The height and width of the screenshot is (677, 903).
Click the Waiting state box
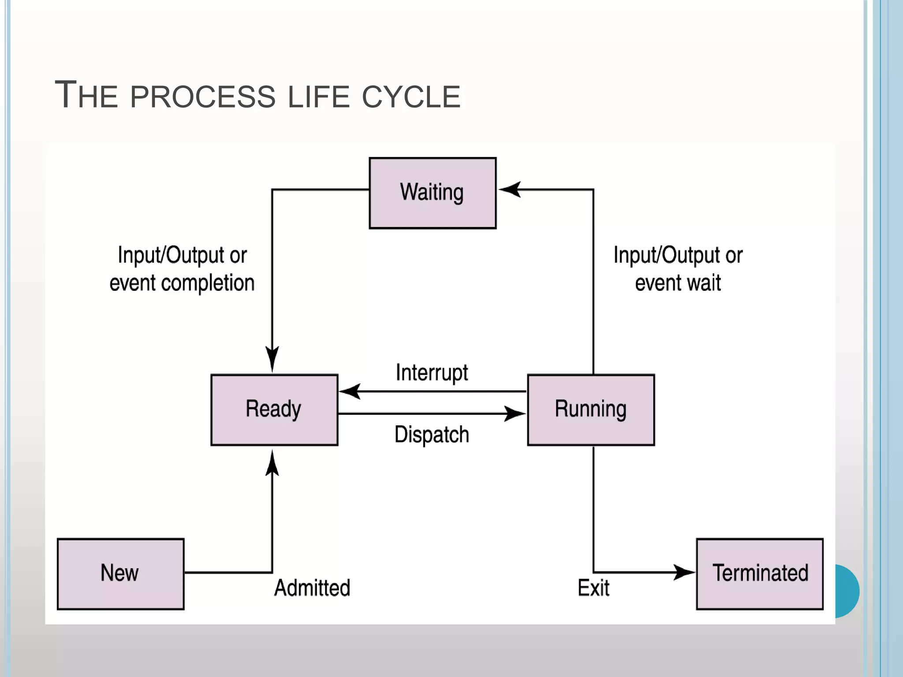point(433,193)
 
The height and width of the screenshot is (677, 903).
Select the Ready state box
point(274,409)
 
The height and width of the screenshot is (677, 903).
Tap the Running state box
point(591,409)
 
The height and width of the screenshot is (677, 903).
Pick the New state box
point(120,574)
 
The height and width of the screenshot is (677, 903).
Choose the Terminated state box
point(760,574)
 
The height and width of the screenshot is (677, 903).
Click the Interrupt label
point(432,373)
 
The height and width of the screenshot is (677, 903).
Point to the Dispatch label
point(432,435)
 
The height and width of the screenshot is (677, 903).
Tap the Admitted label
point(312,588)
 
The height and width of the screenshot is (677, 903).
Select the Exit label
point(593,588)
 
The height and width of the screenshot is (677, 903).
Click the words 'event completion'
point(182,283)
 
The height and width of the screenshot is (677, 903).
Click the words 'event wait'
point(678,283)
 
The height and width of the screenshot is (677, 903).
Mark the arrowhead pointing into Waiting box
point(510,190)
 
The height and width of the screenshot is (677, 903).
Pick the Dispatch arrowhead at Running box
point(514,413)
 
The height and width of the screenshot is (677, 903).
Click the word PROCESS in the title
point(203,96)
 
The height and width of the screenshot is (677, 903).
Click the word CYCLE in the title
point(411,96)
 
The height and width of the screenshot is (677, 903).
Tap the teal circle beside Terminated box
point(847,591)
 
